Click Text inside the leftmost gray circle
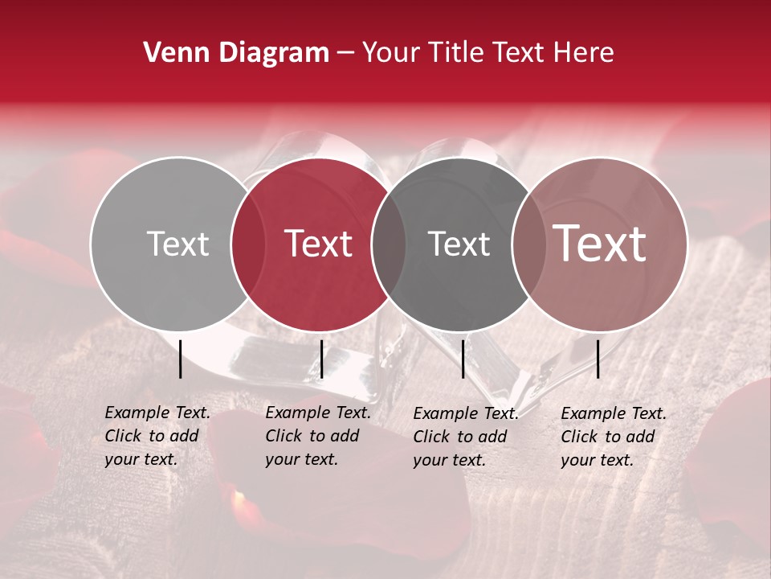tap(177, 244)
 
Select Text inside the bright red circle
tap(318, 244)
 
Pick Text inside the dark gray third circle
tap(459, 244)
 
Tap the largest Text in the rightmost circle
tap(600, 244)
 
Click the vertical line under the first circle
tap(181, 359)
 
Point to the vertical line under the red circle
tap(321, 359)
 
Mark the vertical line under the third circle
tap(463, 359)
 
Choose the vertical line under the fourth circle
tap(598, 359)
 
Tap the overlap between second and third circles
tap(389, 244)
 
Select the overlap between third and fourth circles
tap(528, 244)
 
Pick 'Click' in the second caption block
tap(284, 436)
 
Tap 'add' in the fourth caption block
tap(640, 437)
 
